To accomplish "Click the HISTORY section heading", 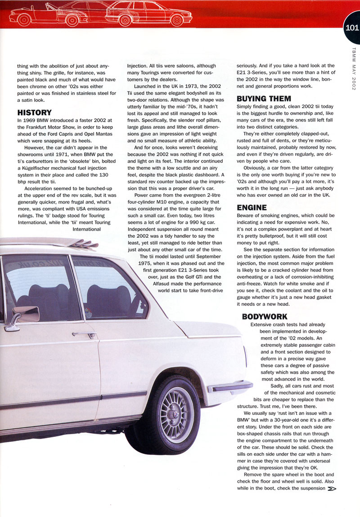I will click(34, 113).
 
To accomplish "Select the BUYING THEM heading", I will click(264, 98).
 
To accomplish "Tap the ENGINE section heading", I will click(252, 208).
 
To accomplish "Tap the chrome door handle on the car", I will click(85, 335).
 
